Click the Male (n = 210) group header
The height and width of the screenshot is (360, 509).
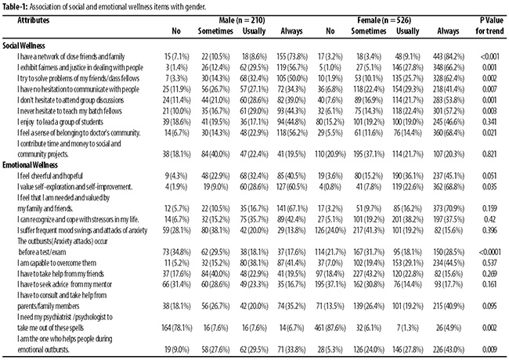tap(241, 20)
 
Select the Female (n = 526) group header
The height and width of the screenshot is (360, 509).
tap(384, 20)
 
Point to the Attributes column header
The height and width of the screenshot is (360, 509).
tap(34, 20)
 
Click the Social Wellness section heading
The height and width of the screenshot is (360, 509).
tap(23, 45)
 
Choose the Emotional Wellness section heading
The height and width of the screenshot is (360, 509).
tap(31, 165)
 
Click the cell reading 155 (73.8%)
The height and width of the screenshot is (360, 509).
tap(292, 57)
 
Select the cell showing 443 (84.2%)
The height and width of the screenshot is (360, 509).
tap(449, 57)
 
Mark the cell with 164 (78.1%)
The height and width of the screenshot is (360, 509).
tap(177, 328)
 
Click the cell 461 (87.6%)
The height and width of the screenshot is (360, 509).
tap(330, 328)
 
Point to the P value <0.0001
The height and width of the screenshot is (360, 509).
tap(489, 252)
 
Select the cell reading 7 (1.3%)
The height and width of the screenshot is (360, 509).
tap(408, 328)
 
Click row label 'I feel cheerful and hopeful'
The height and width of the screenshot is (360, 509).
tap(50, 176)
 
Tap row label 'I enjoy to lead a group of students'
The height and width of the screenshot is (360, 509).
tap(60, 122)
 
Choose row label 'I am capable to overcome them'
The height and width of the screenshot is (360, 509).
tap(57, 263)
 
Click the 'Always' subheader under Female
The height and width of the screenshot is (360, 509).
tap(448, 31)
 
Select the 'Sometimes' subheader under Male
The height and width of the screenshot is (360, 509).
tap(215, 31)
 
